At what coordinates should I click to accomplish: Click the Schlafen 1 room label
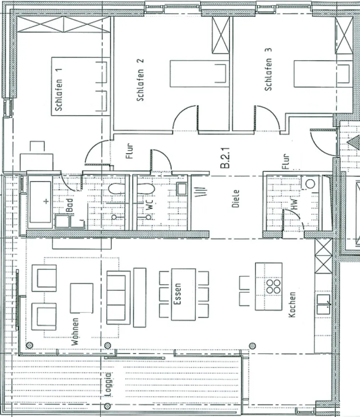59,90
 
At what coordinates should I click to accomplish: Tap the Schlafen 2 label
140,80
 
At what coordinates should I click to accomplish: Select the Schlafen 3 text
268,69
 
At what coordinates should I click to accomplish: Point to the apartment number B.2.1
225,158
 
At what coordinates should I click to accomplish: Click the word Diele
235,198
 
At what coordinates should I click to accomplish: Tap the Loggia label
108,384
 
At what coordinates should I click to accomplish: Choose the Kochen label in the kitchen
292,304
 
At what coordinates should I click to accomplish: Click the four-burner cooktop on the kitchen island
274,286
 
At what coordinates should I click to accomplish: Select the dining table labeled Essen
183,294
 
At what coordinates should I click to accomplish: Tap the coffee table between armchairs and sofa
82,298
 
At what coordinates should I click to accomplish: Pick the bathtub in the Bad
40,202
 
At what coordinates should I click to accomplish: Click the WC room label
150,205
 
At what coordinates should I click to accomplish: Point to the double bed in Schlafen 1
81,86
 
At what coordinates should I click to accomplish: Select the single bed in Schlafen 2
199,74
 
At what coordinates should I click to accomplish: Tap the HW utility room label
294,204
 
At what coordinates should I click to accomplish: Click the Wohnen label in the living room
76,332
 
